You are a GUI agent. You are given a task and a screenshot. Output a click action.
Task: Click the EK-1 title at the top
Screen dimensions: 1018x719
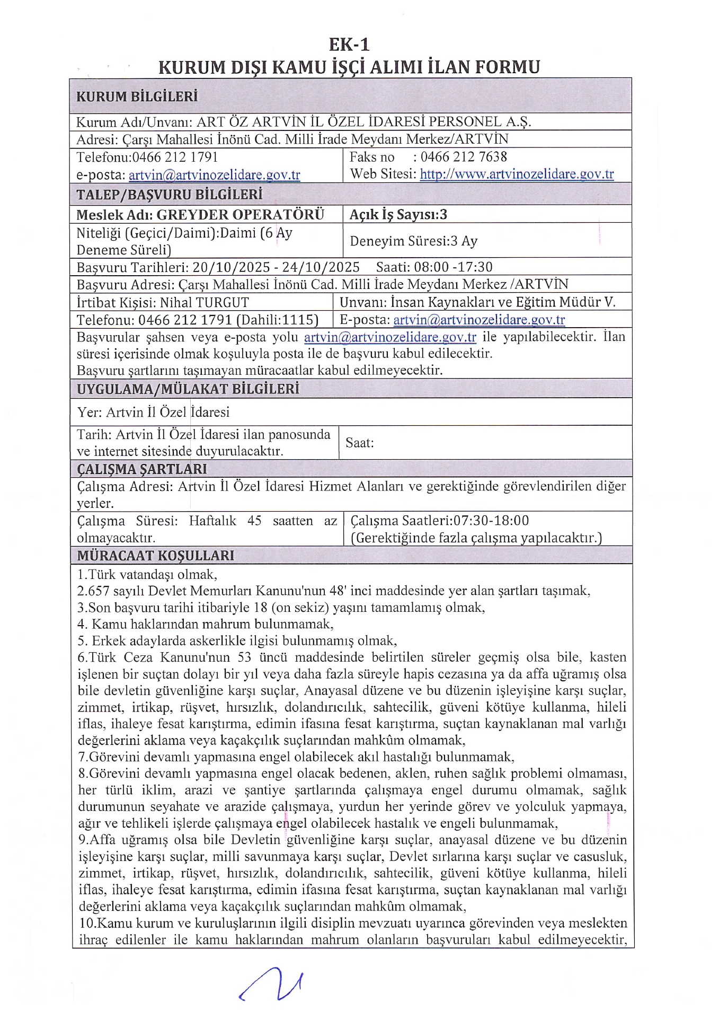click(x=349, y=44)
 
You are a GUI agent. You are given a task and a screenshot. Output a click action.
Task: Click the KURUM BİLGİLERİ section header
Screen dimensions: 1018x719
click(x=137, y=96)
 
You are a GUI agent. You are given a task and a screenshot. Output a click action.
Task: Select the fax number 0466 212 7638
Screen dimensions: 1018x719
click(x=464, y=157)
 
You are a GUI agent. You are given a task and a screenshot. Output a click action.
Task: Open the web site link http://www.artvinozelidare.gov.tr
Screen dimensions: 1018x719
click(x=517, y=174)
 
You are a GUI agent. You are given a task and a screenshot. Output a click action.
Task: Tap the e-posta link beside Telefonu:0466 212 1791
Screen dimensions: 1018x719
click(x=214, y=175)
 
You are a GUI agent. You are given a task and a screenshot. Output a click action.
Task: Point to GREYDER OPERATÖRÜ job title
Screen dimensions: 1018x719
click(x=240, y=214)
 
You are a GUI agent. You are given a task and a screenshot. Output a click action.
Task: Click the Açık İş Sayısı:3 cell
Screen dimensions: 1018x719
click(x=398, y=214)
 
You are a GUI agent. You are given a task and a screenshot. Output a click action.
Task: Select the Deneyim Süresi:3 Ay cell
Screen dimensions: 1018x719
click(x=414, y=241)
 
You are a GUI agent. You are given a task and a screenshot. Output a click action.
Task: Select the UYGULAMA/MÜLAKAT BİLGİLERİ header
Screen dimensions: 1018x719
click(x=188, y=389)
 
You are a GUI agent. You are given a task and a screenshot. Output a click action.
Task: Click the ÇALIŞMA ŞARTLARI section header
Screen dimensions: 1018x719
click(x=142, y=469)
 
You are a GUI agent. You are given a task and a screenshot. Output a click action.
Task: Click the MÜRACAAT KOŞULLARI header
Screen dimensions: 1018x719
click(x=155, y=555)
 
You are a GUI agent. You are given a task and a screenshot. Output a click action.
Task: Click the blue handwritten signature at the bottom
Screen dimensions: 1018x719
click(x=271, y=984)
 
